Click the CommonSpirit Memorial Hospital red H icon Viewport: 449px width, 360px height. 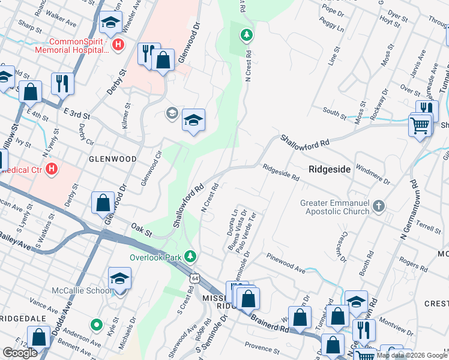(118, 44)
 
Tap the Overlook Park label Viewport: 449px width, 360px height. (156, 257)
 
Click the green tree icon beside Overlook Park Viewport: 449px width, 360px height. (190, 257)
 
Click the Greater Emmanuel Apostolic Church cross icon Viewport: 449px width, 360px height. (378, 206)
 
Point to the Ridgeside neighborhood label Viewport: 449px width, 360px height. (329, 169)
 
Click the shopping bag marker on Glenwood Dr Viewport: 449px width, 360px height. (103, 203)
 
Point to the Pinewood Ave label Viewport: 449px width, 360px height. (288, 263)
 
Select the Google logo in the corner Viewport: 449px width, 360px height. (20, 353)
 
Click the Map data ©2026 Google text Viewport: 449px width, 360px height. (411, 355)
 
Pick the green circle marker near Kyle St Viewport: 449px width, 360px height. (95, 326)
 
